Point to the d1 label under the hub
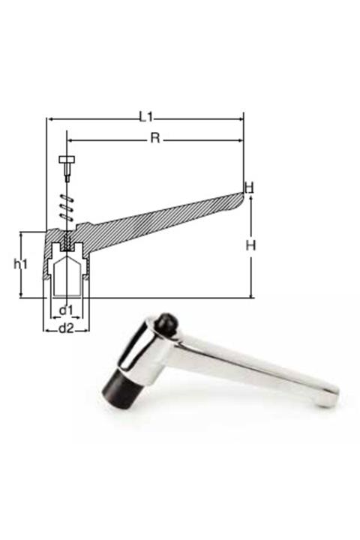(x=66, y=310)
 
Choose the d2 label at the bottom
(x=66, y=328)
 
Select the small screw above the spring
(x=66, y=165)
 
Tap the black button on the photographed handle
(x=166, y=323)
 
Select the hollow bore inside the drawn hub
(x=67, y=277)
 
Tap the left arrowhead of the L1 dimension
(x=49, y=118)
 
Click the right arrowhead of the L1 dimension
(x=241, y=118)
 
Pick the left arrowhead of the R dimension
(x=70, y=139)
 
